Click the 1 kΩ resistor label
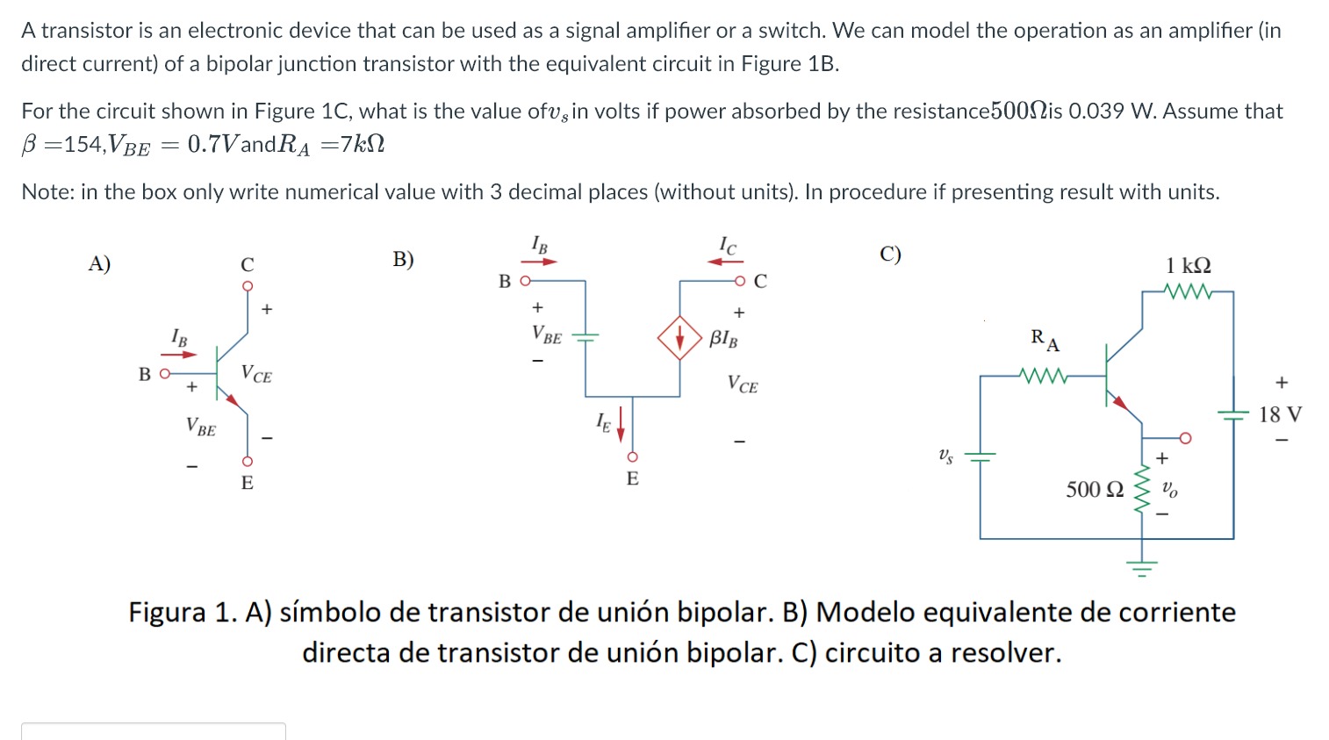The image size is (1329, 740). point(1188,265)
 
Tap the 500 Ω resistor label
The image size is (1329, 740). point(1095,490)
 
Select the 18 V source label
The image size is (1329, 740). point(1280,414)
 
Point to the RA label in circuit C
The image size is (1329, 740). point(1045,340)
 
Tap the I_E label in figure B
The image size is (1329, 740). point(603,422)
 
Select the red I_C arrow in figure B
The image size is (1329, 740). point(726,261)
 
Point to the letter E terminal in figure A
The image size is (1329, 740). point(248,483)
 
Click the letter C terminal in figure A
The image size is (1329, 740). point(248,264)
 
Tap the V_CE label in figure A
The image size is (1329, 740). point(256,375)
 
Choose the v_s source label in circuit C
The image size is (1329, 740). point(945,456)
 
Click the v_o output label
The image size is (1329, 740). point(1169,490)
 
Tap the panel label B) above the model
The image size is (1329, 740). point(403,259)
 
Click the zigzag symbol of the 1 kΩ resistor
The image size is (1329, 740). point(1188,291)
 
